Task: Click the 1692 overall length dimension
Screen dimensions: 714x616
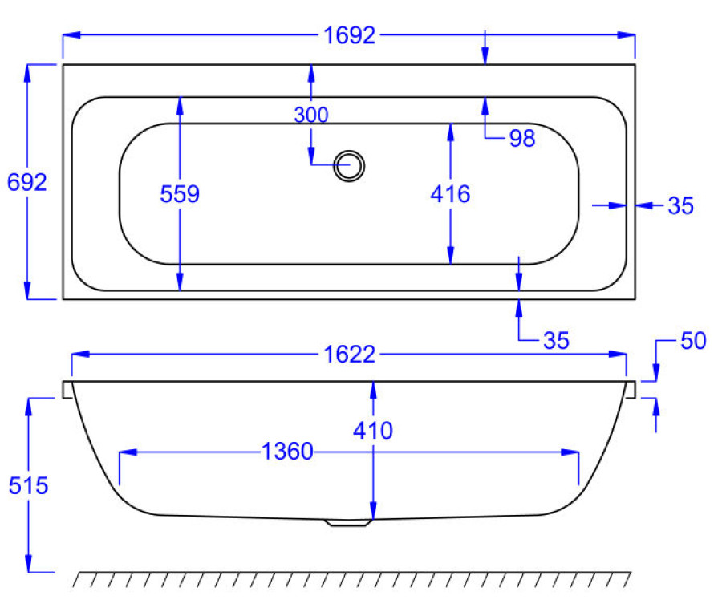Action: [x=349, y=35]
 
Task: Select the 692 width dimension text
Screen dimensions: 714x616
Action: [x=26, y=182]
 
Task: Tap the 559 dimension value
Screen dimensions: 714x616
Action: [x=180, y=194]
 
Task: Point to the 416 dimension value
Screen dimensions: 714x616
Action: [x=450, y=194]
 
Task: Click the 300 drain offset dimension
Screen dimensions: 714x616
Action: [x=311, y=115]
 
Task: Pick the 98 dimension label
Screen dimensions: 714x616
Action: [x=521, y=138]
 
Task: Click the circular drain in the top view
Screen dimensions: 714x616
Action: [x=349, y=166]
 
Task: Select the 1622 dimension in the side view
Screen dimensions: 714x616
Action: [x=349, y=355]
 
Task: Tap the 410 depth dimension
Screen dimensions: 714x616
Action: [x=373, y=430]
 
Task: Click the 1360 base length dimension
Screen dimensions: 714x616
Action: [x=287, y=452]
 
